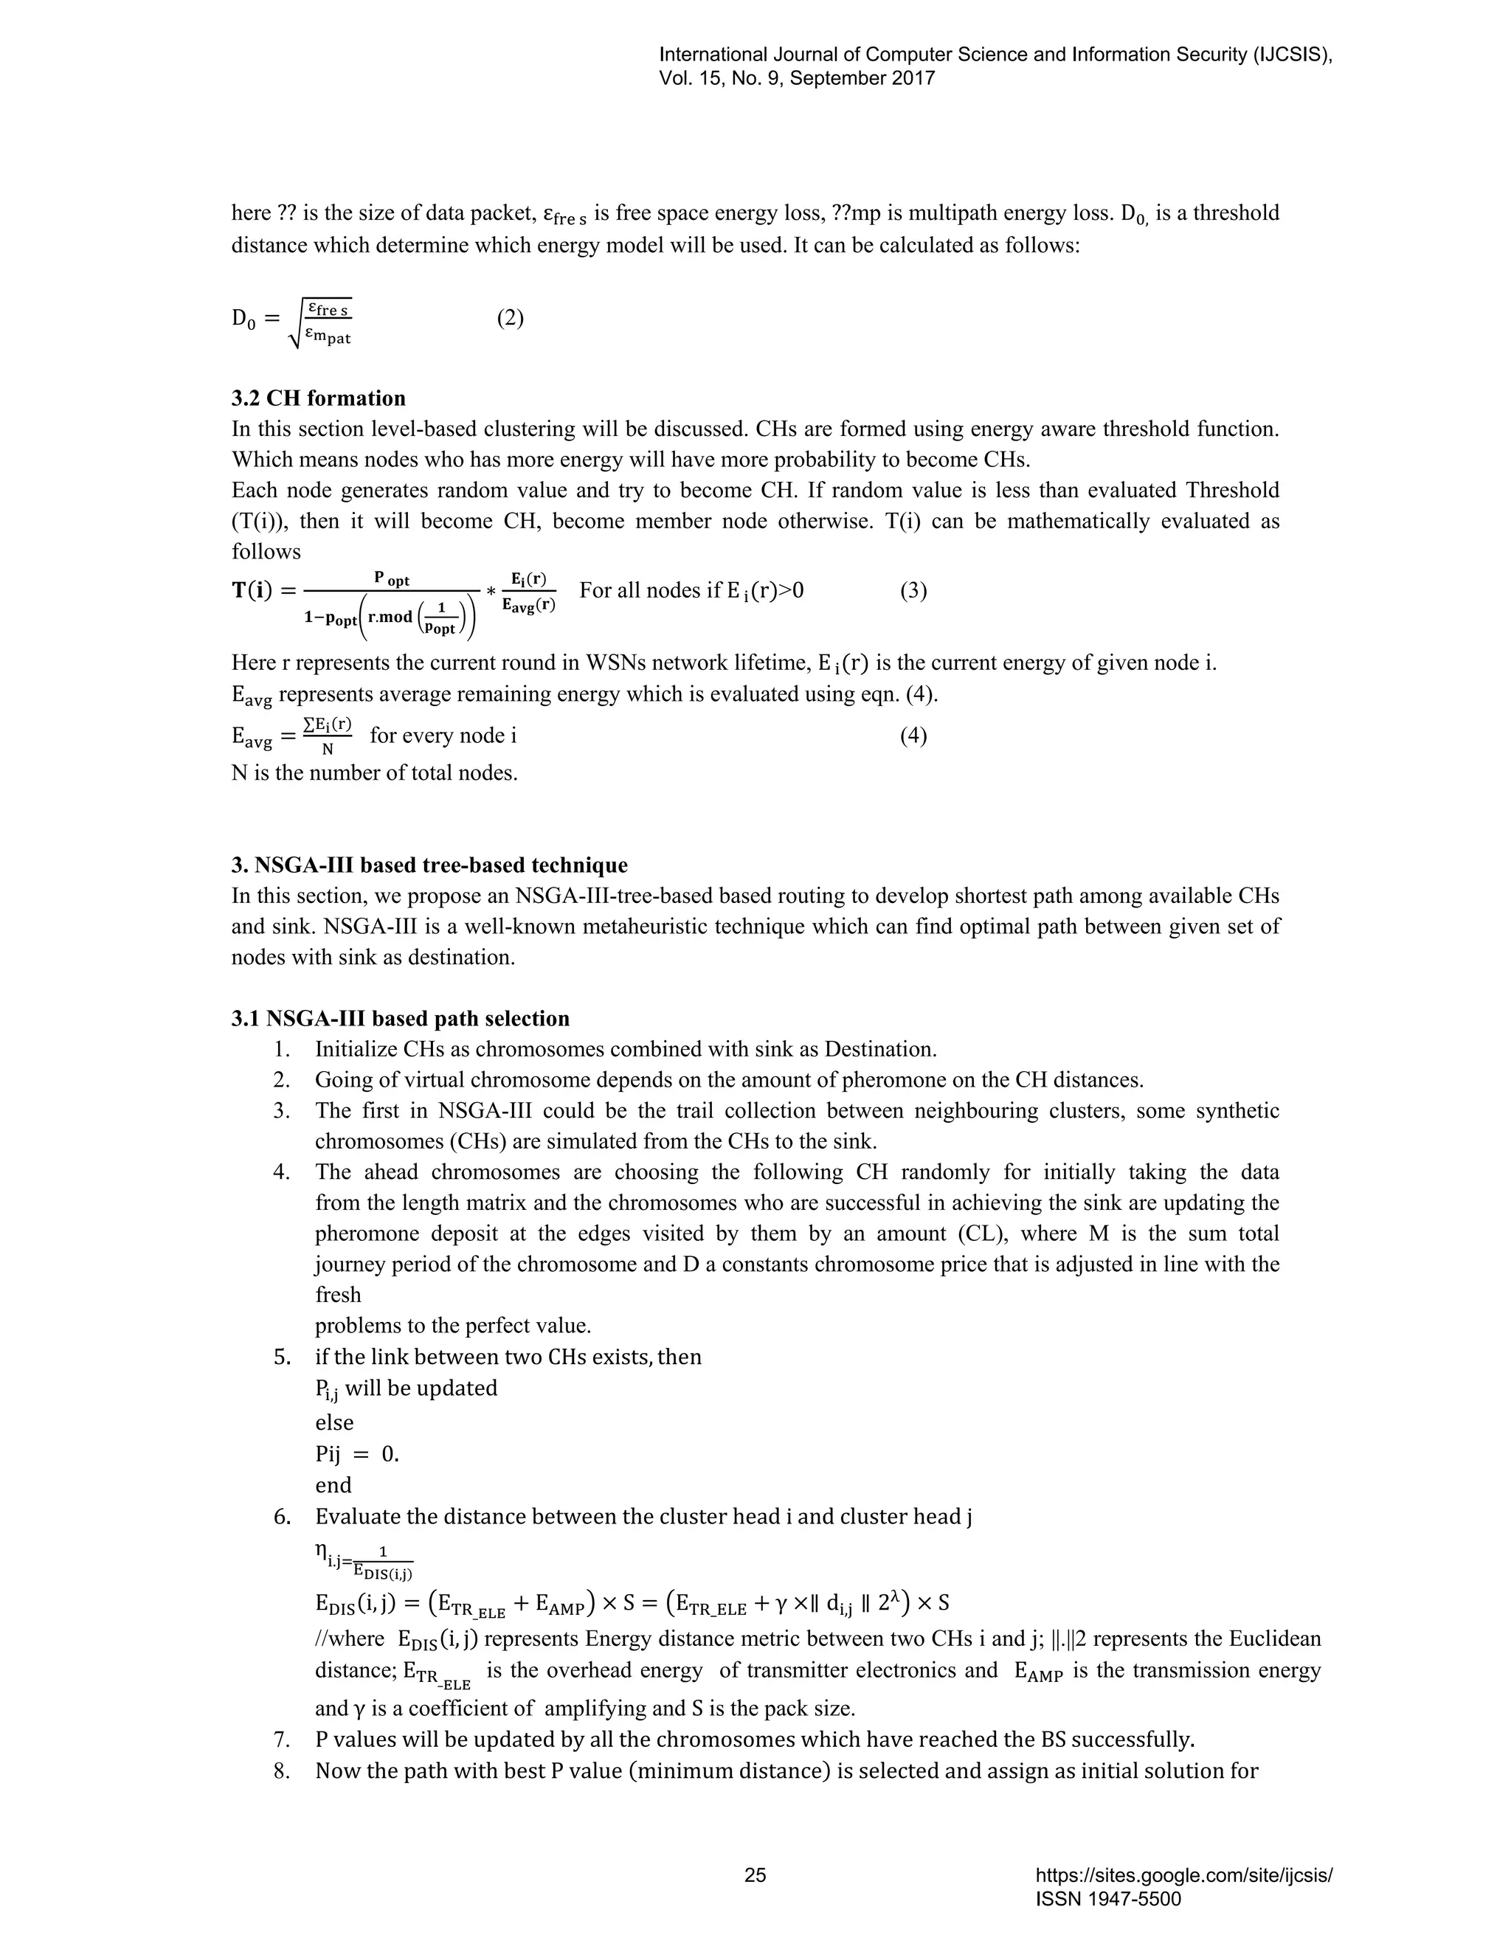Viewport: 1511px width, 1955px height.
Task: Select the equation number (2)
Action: [x=511, y=318]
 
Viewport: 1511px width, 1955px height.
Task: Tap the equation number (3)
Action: [x=913, y=591]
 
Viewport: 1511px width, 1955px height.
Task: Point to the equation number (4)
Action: [x=913, y=736]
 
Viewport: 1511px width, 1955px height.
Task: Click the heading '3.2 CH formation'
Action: [x=318, y=398]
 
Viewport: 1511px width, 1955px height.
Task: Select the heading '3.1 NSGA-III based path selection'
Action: [x=400, y=1019]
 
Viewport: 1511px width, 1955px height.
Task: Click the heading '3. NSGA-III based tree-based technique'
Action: [x=429, y=865]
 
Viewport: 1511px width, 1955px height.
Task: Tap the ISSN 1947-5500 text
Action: [x=1108, y=1899]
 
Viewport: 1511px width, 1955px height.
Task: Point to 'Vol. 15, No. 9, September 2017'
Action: [x=797, y=79]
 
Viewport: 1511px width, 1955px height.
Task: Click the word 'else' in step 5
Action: [x=334, y=1422]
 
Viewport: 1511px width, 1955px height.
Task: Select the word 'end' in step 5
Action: [x=333, y=1485]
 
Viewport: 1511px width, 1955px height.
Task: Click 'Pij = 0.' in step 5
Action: [x=357, y=1454]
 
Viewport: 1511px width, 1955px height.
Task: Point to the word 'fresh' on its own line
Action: [x=337, y=1295]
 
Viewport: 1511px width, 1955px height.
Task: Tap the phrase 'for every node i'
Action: [x=443, y=736]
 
